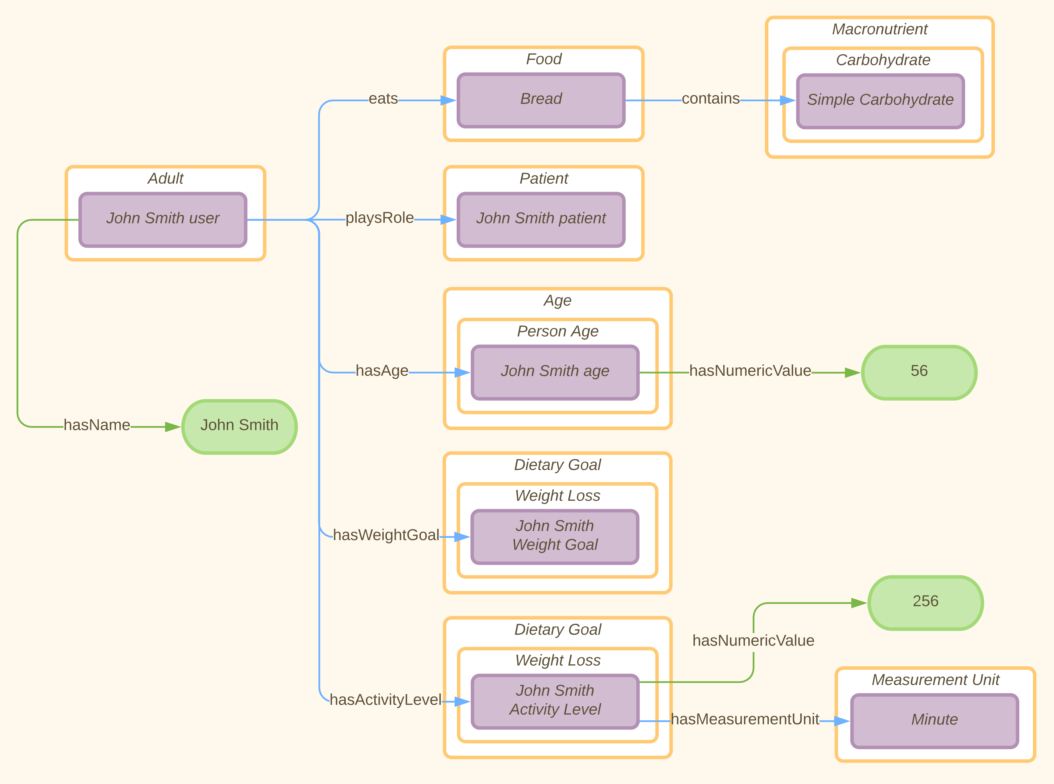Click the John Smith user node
click(163, 220)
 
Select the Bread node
click(541, 100)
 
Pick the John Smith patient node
click(541, 220)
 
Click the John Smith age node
click(555, 373)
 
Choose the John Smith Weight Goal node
click(555, 537)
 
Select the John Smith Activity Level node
click(555, 701)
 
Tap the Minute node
click(934, 721)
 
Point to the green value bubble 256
click(925, 603)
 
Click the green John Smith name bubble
click(239, 427)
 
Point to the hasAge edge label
click(382, 371)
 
